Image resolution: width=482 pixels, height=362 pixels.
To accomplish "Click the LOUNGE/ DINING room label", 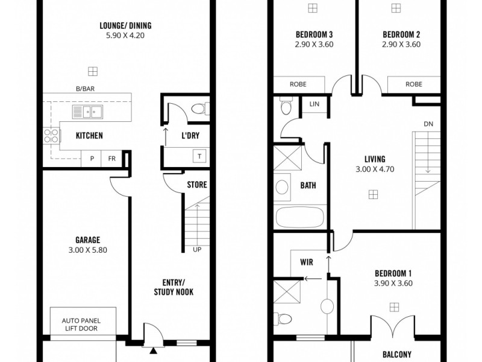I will coord(125,25).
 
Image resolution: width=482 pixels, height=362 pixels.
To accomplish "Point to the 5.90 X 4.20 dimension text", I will coord(125,36).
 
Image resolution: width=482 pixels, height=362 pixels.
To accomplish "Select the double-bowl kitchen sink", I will coord(86,111).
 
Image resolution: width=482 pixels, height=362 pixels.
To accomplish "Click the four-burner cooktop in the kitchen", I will coord(50,136).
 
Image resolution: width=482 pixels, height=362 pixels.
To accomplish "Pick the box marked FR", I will coord(112,159).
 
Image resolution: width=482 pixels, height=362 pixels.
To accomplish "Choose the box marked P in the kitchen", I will coord(92,159).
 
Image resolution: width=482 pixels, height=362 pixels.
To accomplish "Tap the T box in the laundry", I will coord(197,156).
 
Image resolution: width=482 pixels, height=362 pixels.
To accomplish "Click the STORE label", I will coord(197,185).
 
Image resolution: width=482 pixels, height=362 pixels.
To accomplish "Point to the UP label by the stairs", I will coord(196,249).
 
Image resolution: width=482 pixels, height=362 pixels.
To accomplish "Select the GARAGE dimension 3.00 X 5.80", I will coord(88,250).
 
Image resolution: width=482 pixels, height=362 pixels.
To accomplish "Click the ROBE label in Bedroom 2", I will coord(413,84).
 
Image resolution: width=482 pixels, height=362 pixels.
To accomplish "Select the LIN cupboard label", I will coord(314,104).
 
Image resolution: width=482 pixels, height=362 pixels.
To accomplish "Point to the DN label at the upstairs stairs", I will coord(428,124).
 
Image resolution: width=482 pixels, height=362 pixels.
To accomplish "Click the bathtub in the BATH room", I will coord(300,217).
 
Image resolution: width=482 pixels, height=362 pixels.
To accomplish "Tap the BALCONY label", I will coord(396,355).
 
